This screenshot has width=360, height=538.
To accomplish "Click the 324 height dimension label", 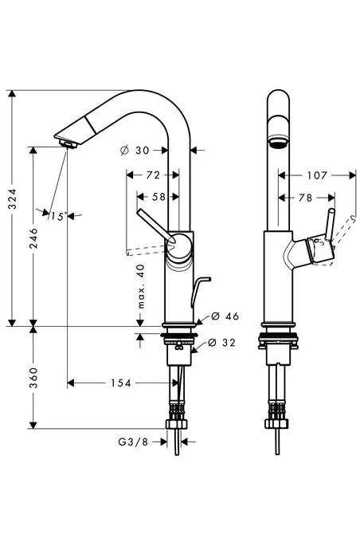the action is [12, 198].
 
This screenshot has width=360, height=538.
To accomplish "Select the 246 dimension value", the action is [33, 238].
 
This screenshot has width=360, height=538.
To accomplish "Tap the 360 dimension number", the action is [33, 378].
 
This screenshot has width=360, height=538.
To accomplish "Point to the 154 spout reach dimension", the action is [121, 383].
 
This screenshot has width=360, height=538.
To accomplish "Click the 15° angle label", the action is [57, 217].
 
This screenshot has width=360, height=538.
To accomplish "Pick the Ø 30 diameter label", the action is [135, 151].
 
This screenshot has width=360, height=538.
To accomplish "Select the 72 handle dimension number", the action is [153, 175].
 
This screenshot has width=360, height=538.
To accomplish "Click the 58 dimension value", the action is [158, 197].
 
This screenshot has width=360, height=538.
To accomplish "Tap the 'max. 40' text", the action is [141, 286].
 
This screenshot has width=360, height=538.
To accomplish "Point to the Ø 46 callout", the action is [225, 316].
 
